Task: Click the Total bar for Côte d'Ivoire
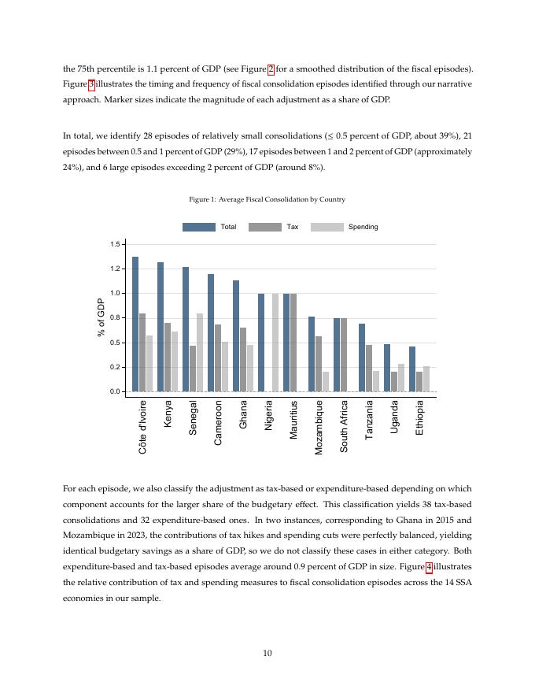(135, 324)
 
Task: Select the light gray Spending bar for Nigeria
(275, 343)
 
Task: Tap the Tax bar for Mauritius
(293, 343)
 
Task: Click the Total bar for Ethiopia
(412, 369)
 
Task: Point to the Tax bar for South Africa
(344, 354)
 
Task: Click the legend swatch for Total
(198, 227)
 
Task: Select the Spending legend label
(363, 227)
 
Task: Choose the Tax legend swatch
(264, 227)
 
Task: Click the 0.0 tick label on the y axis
(115, 391)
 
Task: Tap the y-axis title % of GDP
(101, 317)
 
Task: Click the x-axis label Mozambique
(319, 426)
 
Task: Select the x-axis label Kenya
(168, 414)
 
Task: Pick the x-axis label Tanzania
(369, 419)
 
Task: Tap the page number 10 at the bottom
(267, 653)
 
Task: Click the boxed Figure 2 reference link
(271, 69)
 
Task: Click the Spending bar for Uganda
(401, 377)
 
